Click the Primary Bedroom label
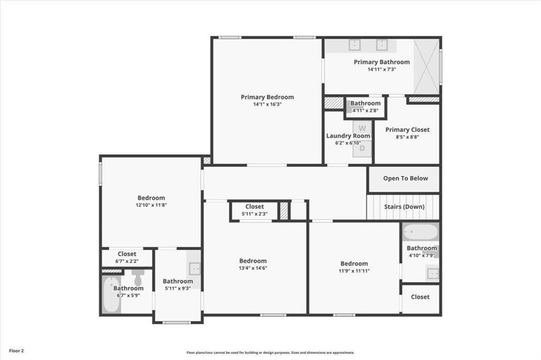click(267, 97)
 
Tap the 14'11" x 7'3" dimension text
click(381, 69)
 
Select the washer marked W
click(362, 128)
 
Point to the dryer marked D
click(362, 148)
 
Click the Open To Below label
click(405, 178)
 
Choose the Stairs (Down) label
click(404, 207)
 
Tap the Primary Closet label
click(407, 130)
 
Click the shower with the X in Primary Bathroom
click(426, 67)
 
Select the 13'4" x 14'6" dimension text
click(253, 268)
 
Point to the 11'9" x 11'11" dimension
click(354, 271)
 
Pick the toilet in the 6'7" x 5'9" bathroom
click(138, 278)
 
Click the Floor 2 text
click(16, 351)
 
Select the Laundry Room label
click(348, 136)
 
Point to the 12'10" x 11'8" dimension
click(151, 205)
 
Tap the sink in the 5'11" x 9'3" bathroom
click(194, 268)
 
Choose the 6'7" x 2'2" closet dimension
click(127, 261)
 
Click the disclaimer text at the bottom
click(270, 353)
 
